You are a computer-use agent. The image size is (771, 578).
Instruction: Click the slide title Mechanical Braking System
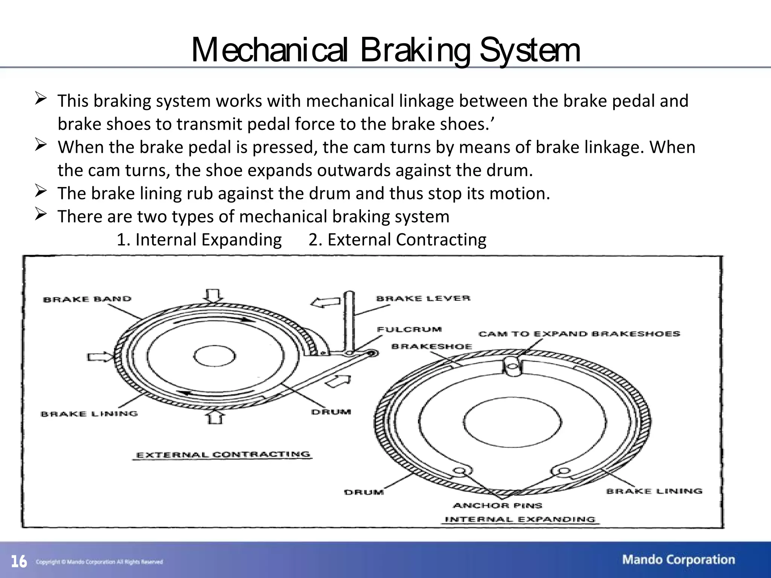click(385, 50)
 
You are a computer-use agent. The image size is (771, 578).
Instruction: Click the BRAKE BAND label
click(87, 299)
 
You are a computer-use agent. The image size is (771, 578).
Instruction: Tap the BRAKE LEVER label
click(423, 298)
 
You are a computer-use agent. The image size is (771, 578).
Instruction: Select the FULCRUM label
click(409, 329)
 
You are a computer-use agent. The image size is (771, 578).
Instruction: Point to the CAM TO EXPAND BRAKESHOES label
click(579, 334)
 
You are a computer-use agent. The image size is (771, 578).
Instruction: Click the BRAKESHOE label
click(431, 346)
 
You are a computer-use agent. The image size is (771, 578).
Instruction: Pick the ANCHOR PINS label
click(497, 505)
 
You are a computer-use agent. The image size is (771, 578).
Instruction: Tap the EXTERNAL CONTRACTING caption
click(223, 455)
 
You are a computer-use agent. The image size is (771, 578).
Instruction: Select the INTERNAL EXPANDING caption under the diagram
click(520, 520)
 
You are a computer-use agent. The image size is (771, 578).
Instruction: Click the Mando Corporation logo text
click(678, 560)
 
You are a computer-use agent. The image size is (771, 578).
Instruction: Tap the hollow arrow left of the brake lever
click(325, 302)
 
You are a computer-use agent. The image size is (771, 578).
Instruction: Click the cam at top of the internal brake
click(512, 365)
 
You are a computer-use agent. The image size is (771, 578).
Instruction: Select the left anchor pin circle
click(459, 470)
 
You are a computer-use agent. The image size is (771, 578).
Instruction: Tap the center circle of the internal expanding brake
click(512, 421)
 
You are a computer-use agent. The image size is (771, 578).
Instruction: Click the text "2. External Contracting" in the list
click(397, 240)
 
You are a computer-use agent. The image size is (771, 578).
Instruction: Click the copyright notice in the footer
click(99, 562)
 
